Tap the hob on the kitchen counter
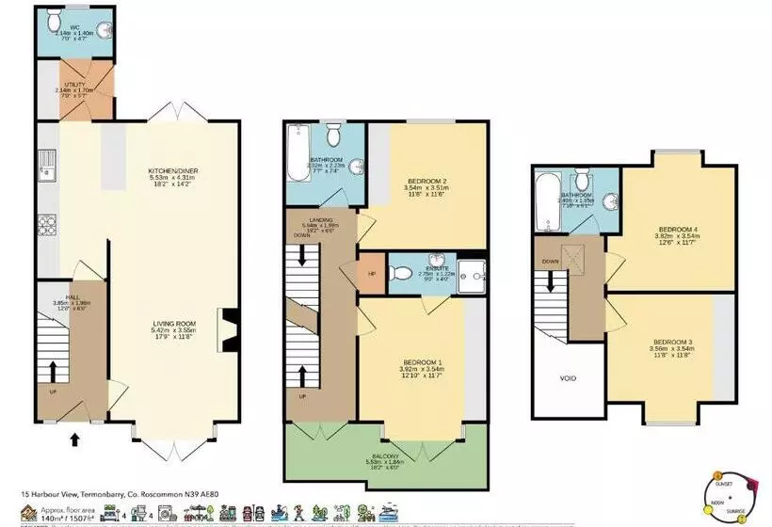pyautogui.click(x=44, y=226)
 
